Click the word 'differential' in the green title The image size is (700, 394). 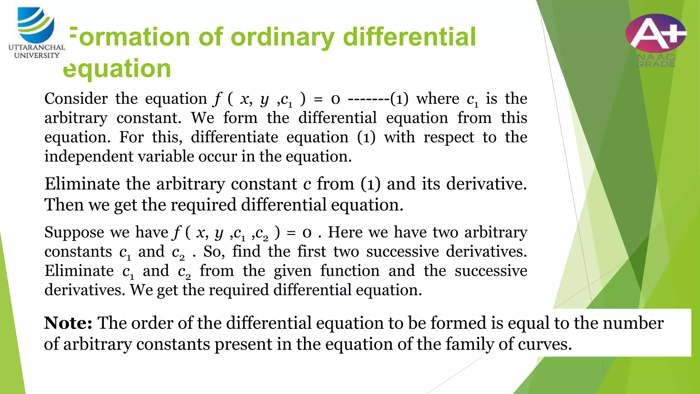point(409,37)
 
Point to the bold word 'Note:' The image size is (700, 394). point(68,323)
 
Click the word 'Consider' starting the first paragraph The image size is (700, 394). point(76,99)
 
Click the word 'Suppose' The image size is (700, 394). point(74,233)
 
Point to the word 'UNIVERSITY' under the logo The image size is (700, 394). point(37,55)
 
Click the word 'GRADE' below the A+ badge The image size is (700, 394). point(656,64)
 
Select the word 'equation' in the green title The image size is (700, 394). point(117,68)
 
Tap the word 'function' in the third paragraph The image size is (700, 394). point(350,271)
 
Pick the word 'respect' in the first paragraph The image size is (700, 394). point(449,137)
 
